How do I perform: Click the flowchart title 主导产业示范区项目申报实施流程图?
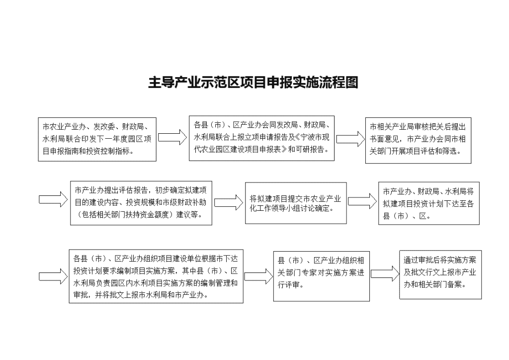[253, 83]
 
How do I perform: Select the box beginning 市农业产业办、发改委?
[97, 139]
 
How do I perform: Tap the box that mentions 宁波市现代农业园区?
[261, 138]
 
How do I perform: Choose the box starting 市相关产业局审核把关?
[418, 140]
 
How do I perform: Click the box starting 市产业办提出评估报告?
[141, 203]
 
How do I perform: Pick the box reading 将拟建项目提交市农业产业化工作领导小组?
[296, 203]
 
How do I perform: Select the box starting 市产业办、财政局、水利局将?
[429, 203]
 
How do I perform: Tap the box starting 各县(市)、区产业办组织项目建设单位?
[156, 276]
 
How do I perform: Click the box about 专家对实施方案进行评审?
[322, 276]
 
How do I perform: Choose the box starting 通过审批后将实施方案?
[440, 274]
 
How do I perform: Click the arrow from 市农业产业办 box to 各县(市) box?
[172, 137]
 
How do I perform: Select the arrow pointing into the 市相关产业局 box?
[350, 139]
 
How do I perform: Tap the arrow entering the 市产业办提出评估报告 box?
[53, 199]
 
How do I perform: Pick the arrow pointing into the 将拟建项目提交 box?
[229, 202]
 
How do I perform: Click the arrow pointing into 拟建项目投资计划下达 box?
[362, 201]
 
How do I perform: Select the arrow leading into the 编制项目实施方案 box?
[53, 276]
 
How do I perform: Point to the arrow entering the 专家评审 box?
[258, 276]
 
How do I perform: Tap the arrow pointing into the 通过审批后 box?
[385, 273]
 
